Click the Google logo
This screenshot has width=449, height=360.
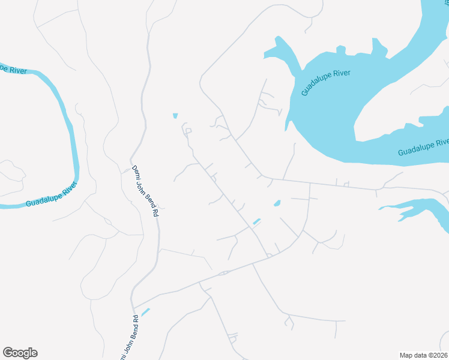[20, 353]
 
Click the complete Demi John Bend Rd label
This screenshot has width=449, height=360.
[145, 190]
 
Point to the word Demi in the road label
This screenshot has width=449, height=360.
[136, 170]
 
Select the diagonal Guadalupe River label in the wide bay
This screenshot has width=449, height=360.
[325, 83]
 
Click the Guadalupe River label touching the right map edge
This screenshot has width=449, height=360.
[424, 147]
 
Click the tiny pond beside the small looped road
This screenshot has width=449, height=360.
[175, 116]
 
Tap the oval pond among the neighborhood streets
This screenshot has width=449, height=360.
[277, 203]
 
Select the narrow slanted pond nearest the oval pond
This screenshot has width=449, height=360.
[256, 221]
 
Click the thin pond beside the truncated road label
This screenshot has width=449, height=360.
[145, 312]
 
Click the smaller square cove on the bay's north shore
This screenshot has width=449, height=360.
[340, 49]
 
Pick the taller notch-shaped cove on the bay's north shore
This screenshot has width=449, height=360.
[378, 46]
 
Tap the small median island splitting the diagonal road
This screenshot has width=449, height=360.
[224, 274]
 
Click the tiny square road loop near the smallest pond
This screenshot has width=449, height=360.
[188, 130]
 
